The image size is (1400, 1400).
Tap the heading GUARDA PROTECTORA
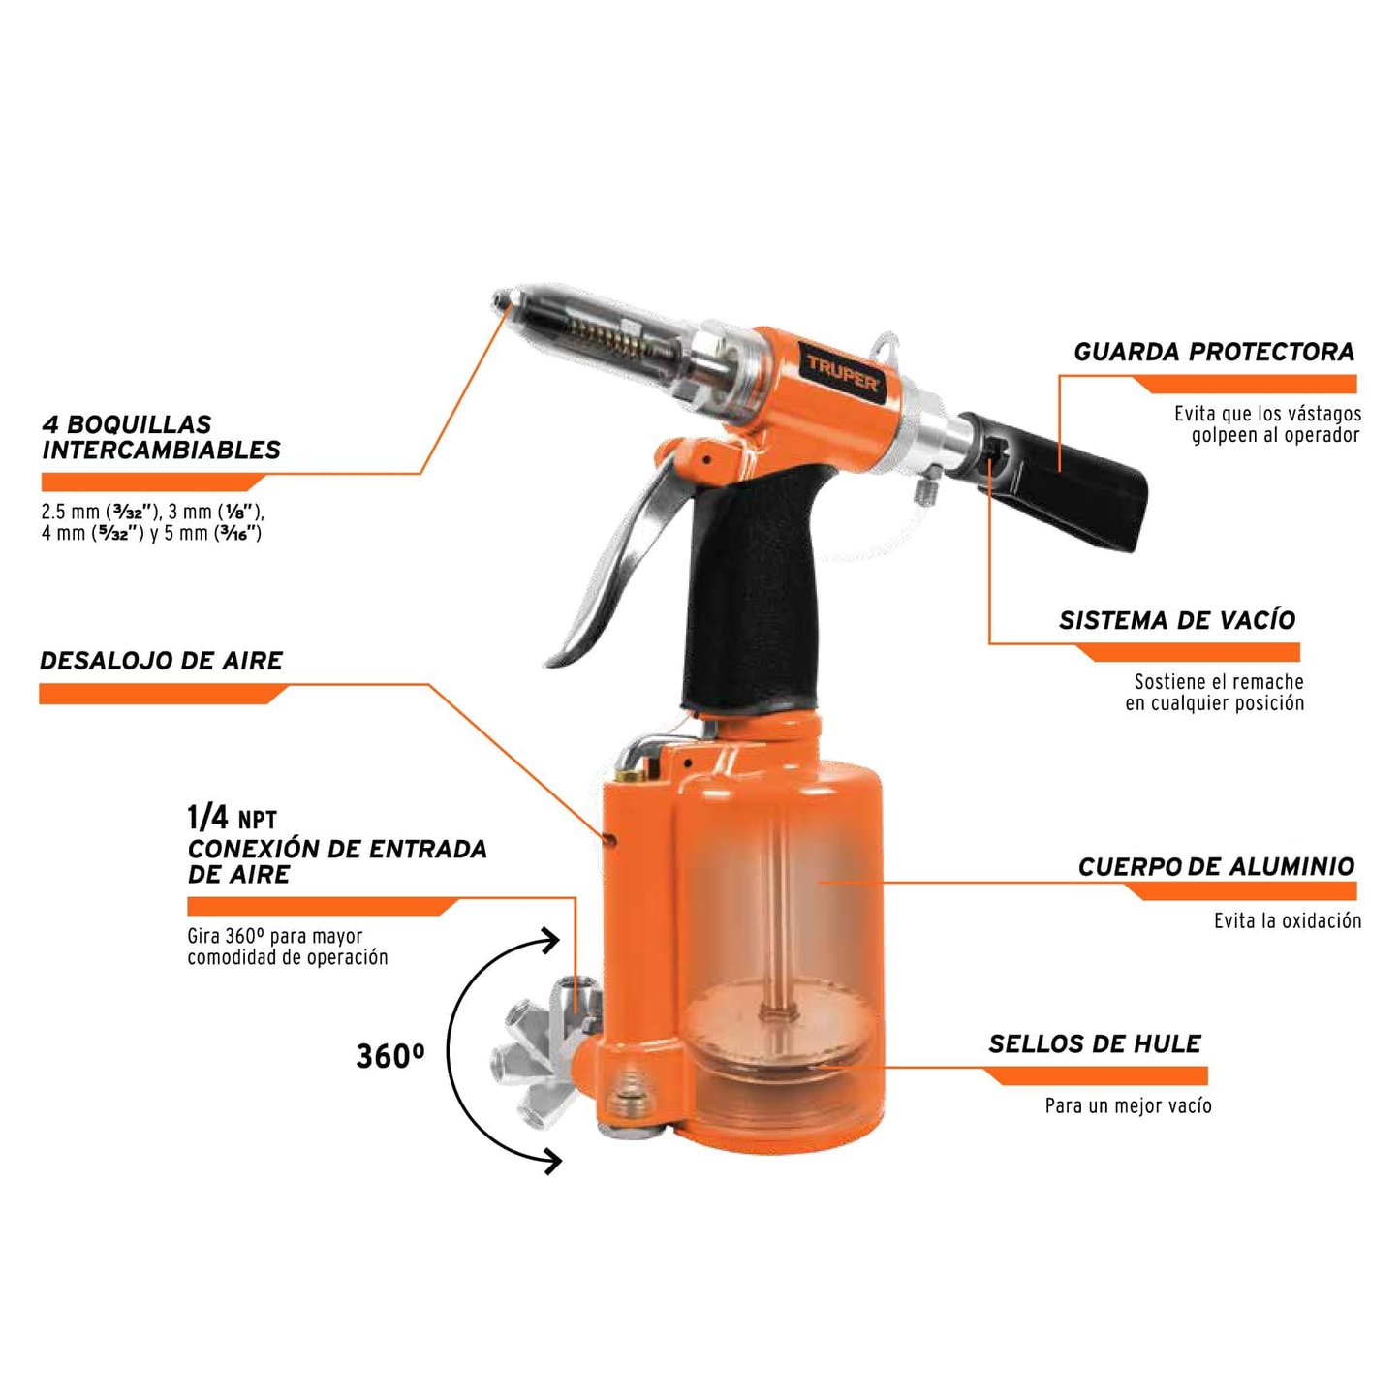click(x=1213, y=353)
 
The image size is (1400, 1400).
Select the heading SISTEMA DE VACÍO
click(x=1176, y=621)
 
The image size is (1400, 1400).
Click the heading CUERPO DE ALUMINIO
click(x=1215, y=867)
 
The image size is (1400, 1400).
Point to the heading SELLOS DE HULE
click(x=1094, y=1044)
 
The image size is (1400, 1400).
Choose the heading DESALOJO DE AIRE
click(x=161, y=662)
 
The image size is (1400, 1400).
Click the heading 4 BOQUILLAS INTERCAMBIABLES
click(x=161, y=438)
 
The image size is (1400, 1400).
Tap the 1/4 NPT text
click(x=232, y=819)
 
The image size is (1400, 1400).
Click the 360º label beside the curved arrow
click(x=389, y=1056)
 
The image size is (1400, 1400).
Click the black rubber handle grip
click(x=751, y=591)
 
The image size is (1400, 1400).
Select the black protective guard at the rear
click(x=1075, y=484)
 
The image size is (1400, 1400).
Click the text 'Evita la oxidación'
click(x=1287, y=921)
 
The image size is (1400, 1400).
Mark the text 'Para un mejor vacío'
click(x=1128, y=1106)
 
